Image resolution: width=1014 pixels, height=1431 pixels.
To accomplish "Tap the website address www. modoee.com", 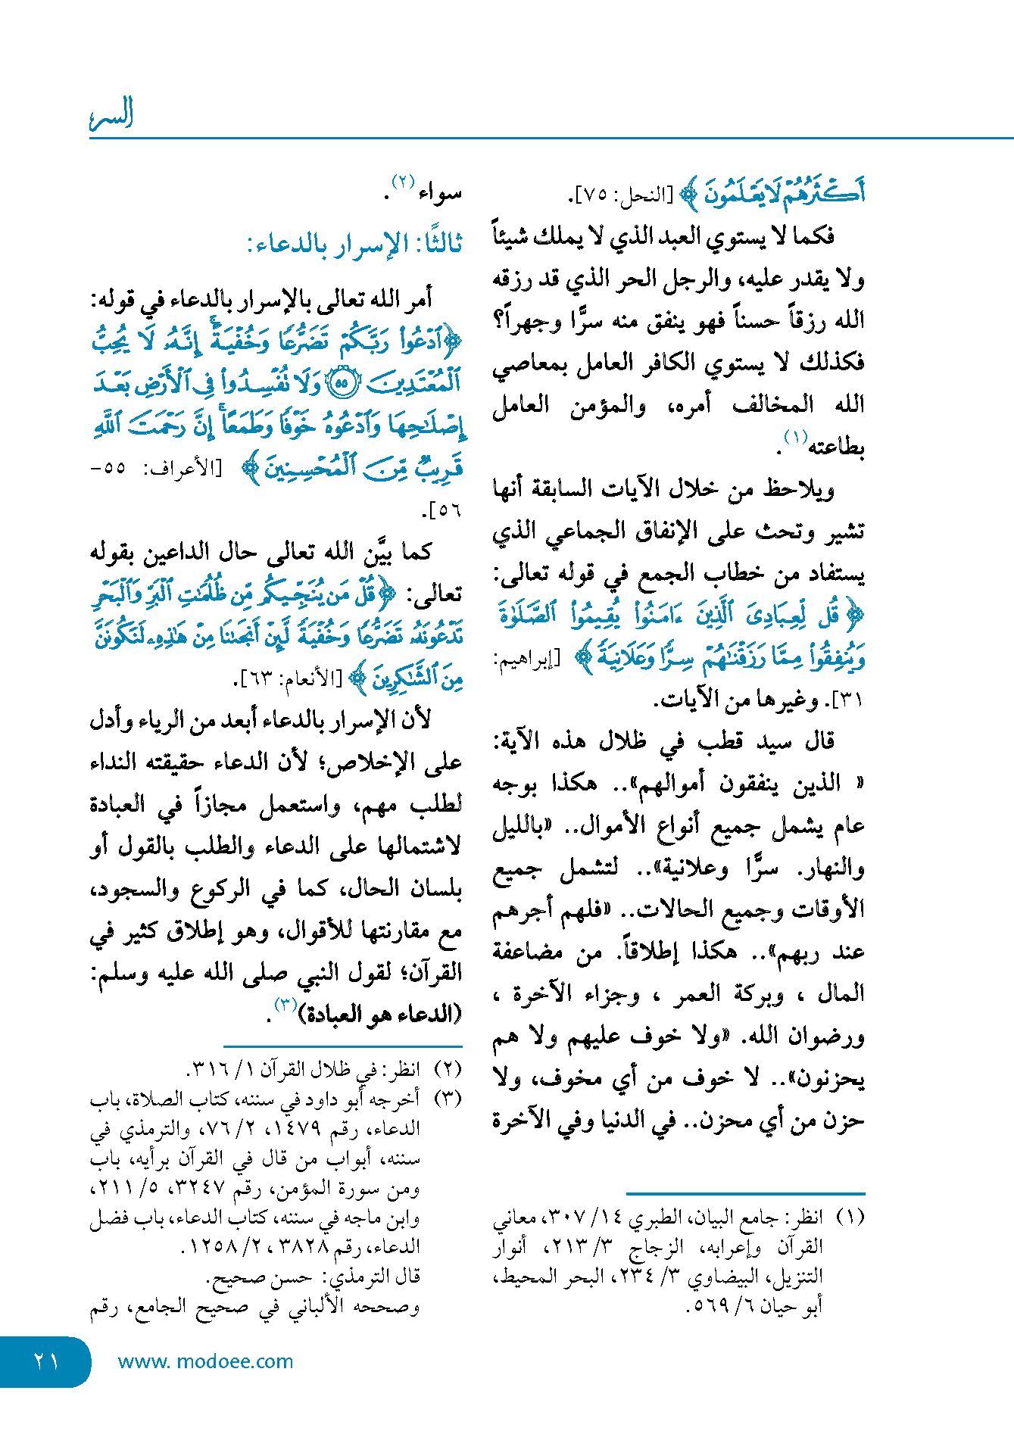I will [205, 1361].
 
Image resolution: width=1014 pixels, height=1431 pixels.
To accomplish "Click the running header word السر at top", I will [111, 114].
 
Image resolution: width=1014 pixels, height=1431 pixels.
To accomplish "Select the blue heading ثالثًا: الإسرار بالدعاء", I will [354, 244].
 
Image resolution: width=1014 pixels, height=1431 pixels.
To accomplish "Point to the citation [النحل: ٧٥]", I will [620, 195].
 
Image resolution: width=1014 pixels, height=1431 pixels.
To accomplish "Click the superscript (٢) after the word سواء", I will [402, 182].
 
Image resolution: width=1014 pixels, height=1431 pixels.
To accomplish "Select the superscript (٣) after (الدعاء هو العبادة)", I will [285, 1005].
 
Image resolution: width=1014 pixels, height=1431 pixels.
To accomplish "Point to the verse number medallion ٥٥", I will [341, 384].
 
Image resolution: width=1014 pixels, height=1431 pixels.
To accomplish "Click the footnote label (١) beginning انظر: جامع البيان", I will [849, 1217].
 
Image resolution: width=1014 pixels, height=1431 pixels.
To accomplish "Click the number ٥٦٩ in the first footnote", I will [707, 1305].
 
